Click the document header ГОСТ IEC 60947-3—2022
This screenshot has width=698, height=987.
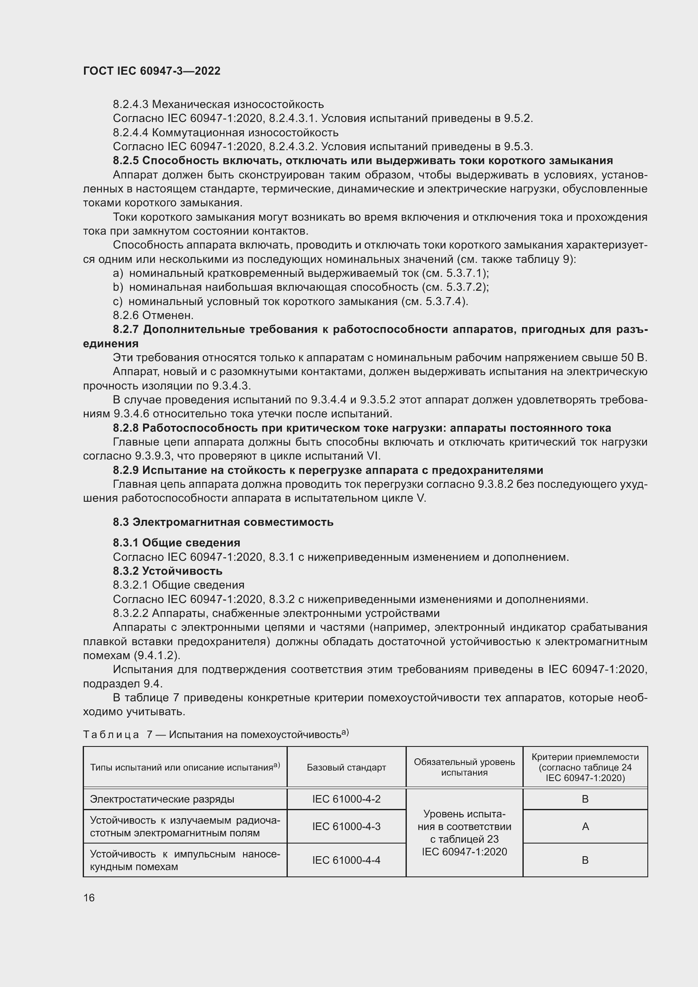(152, 71)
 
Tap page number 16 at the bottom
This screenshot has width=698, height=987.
(89, 898)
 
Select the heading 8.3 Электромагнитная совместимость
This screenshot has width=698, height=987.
(223, 522)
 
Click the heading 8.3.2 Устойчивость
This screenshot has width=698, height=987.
(168, 571)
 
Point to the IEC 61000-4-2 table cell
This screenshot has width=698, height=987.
(346, 799)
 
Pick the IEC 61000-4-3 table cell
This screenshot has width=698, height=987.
(346, 826)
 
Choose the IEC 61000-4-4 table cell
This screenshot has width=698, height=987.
(346, 860)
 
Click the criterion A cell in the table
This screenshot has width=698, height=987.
(585, 826)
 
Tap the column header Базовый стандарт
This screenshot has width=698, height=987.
(346, 767)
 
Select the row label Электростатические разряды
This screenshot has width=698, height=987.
(162, 799)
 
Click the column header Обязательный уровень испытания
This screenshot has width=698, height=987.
(464, 767)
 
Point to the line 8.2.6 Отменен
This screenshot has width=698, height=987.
(153, 315)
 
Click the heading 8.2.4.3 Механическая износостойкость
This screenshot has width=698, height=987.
(218, 104)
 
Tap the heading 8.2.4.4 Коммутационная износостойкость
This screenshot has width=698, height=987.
(226, 133)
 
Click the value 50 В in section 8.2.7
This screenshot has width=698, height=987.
(634, 358)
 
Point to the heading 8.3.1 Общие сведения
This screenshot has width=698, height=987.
(176, 543)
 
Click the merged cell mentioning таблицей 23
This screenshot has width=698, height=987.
(464, 832)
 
